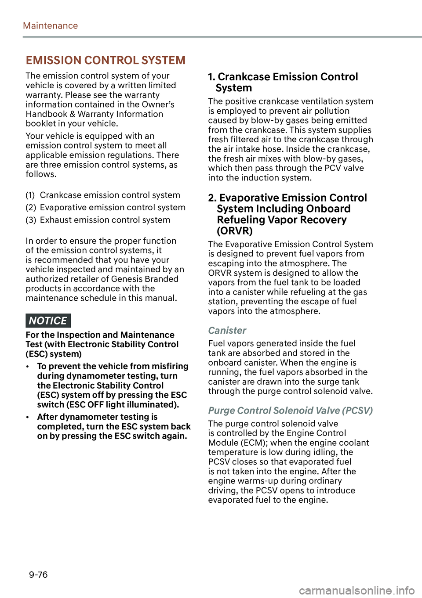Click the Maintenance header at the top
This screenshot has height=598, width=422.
pos(50,26)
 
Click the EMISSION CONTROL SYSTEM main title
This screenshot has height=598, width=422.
pos(105,60)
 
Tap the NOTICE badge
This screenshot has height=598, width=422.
pos(48,321)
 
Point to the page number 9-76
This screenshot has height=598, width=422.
pos(38,575)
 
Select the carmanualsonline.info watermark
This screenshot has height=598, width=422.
pos(357,591)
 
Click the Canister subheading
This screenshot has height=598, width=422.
pos(227,331)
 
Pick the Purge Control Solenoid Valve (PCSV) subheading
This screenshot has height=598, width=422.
pos(290,411)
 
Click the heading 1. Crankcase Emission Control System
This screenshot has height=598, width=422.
pos(283,82)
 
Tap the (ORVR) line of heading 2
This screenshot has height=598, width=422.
pos(235,231)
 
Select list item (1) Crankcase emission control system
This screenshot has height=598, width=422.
pos(103,195)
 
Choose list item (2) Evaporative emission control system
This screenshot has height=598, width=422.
pos(105,207)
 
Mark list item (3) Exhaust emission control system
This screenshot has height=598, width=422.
pos(98,220)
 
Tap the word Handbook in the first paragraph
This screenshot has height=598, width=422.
pos(46,114)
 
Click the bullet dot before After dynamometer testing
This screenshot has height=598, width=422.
pos(28,418)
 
